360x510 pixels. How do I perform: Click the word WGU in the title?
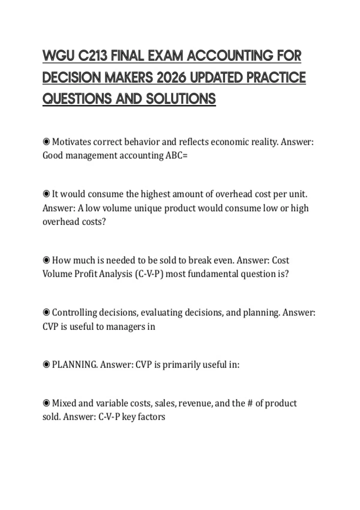point(58,56)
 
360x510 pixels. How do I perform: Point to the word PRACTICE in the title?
point(276,77)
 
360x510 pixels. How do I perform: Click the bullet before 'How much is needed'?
point(46,260)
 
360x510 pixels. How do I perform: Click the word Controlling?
point(75,313)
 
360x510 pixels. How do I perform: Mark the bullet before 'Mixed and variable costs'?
point(46,403)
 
